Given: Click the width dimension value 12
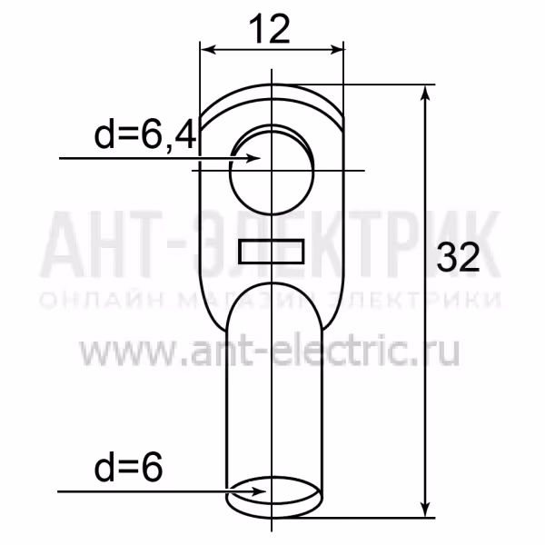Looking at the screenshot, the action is pyautogui.click(x=270, y=30).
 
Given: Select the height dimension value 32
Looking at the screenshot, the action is pyautogui.click(x=458, y=258).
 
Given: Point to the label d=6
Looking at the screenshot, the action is pyautogui.click(x=128, y=467).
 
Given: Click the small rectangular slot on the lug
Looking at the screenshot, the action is pyautogui.click(x=272, y=251).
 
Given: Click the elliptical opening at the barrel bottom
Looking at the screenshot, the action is pyautogui.click(x=273, y=490).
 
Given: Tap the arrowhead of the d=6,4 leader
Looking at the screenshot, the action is pyautogui.click(x=253, y=158).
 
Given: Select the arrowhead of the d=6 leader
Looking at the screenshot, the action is pyautogui.click(x=258, y=491).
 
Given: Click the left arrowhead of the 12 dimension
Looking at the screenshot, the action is pyautogui.click(x=209, y=49).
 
